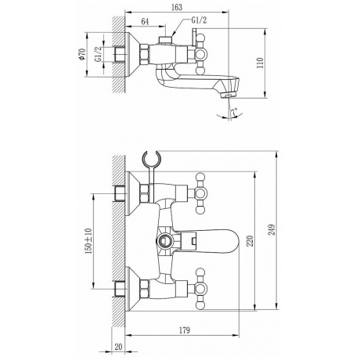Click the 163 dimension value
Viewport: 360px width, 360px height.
pyautogui.click(x=177, y=7)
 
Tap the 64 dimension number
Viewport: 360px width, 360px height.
pyautogui.click(x=145, y=21)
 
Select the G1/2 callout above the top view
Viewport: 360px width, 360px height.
pyautogui.click(x=199, y=20)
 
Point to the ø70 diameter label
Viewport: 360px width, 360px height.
pyautogui.click(x=82, y=54)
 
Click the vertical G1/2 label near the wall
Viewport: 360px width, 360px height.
pyautogui.click(x=98, y=54)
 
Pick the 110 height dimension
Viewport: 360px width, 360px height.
pyautogui.click(x=261, y=63)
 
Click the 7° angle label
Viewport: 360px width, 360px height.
pyautogui.click(x=234, y=112)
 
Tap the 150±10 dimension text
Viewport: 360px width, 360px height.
pyautogui.click(x=88, y=241)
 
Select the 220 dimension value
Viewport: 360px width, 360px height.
pyautogui.click(x=250, y=241)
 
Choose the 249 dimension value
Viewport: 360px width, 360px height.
pyautogui.click(x=272, y=230)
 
